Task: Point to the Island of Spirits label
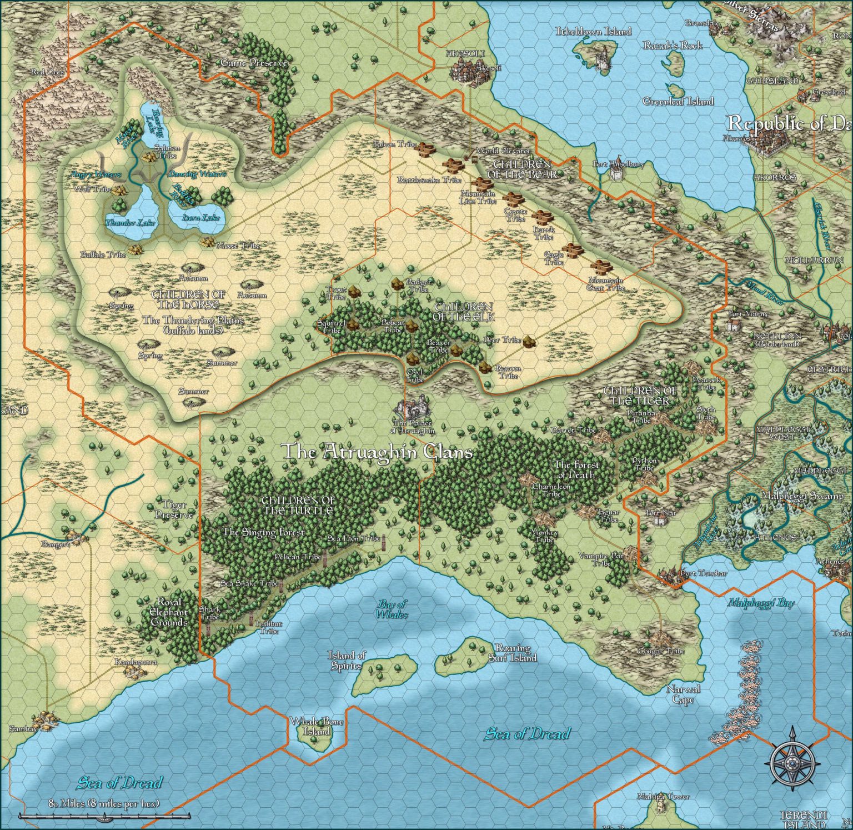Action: [x=346, y=661]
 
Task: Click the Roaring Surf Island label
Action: [x=513, y=653]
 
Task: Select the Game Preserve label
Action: [x=254, y=63]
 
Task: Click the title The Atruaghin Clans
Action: [x=377, y=452]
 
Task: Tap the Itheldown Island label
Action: [x=593, y=32]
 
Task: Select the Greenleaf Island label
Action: [x=678, y=102]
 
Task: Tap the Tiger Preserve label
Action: [x=174, y=509]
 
